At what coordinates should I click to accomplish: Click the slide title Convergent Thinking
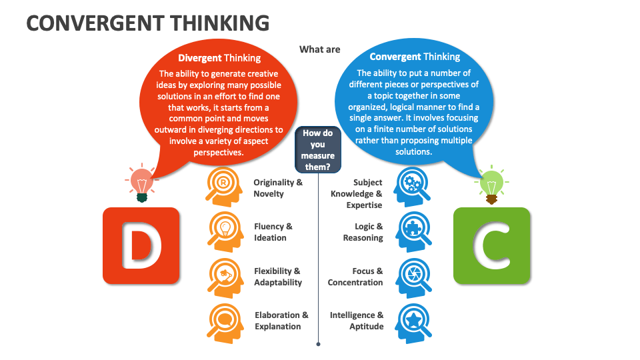point(147,23)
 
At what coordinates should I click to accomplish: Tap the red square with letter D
point(141,245)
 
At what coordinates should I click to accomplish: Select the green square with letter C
point(492,245)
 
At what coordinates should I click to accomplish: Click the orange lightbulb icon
point(141,182)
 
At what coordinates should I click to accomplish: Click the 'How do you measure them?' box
point(318,150)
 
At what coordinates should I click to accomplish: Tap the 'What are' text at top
point(320,49)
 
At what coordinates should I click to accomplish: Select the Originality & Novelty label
point(278,188)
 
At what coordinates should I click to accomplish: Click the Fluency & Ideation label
point(273,232)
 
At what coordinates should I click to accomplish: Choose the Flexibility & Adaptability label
point(277,277)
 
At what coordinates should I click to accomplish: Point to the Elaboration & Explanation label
point(281,321)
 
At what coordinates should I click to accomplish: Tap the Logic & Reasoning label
point(363,232)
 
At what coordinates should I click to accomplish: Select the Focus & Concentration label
point(355,277)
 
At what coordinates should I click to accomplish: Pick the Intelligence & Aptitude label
point(357,321)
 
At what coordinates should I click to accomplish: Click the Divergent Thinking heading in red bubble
point(219,58)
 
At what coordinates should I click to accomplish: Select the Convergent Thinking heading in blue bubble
point(415,57)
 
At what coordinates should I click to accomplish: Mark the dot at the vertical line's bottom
point(319,345)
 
